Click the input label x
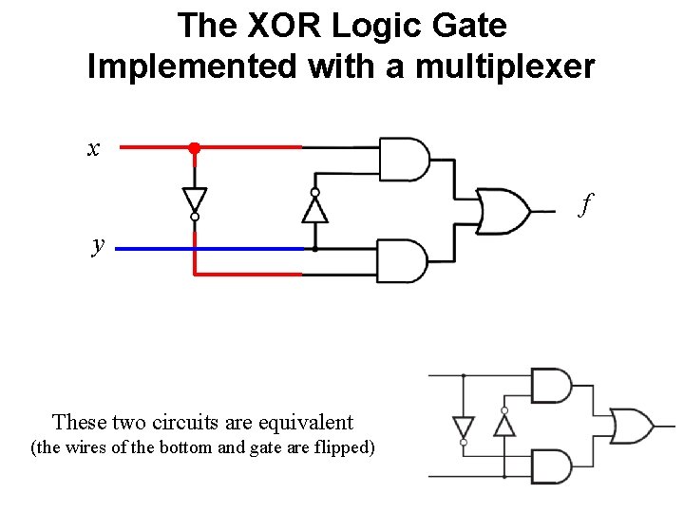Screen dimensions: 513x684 point(93,148)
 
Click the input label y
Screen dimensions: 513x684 point(98,244)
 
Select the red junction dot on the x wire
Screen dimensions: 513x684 point(194,148)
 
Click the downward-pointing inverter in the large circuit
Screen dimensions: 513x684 point(194,199)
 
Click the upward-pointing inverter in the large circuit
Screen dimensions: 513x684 point(314,206)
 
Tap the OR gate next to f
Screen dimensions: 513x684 point(503,210)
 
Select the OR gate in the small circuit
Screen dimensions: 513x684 point(630,425)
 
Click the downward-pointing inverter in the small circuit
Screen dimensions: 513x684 point(463,427)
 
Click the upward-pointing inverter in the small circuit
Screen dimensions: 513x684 point(504,423)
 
